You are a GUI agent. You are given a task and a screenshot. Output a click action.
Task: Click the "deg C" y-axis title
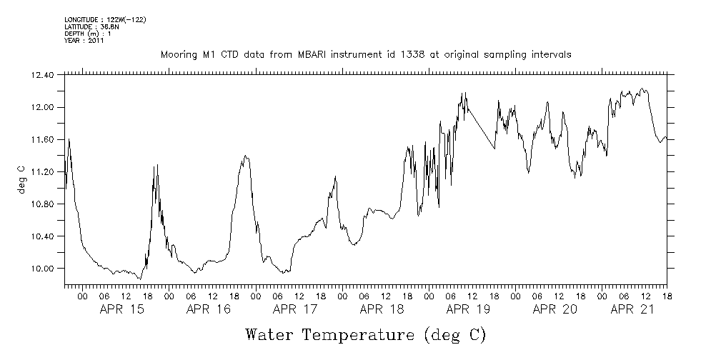(x=21, y=179)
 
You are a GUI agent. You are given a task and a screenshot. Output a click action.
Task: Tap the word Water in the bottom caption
(x=271, y=334)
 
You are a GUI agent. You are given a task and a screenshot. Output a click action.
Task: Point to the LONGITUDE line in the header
(x=105, y=19)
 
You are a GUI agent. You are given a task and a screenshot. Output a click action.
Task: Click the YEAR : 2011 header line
(x=84, y=41)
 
